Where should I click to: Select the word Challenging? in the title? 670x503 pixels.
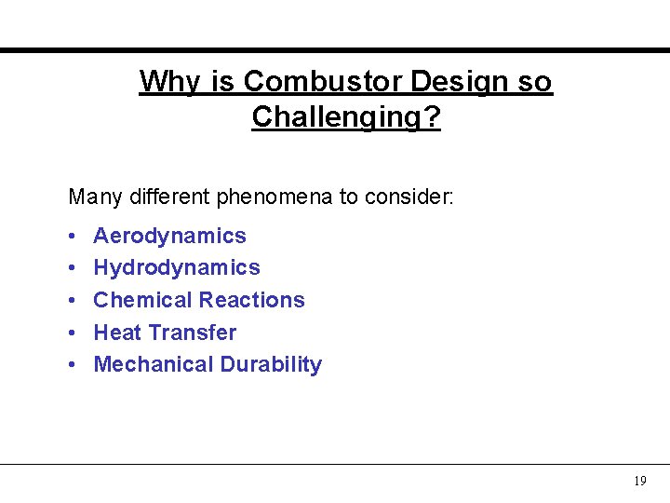click(x=346, y=118)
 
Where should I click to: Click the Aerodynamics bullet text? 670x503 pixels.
click(x=169, y=236)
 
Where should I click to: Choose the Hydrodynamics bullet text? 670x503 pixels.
click(x=177, y=268)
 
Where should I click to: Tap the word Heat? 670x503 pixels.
click(x=116, y=333)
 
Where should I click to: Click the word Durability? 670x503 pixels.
click(x=271, y=364)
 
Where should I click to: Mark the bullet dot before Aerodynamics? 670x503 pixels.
click(x=73, y=237)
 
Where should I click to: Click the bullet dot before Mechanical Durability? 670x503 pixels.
click(x=73, y=365)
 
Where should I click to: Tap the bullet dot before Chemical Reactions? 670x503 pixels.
click(x=73, y=301)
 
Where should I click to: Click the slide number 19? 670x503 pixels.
click(x=639, y=482)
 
